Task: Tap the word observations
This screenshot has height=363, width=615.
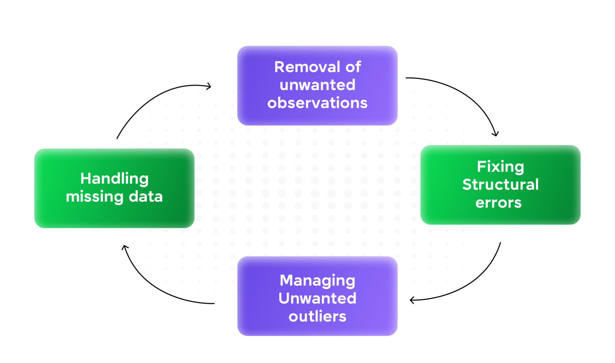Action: point(317,103)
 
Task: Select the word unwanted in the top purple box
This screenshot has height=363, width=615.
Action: point(317,85)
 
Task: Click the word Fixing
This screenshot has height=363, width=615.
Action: point(500,167)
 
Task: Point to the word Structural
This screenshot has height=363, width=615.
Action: point(500,184)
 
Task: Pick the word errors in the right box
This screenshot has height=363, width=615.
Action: point(498,203)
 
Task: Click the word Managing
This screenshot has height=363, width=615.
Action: point(317,281)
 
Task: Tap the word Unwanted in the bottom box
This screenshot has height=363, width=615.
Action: point(317,298)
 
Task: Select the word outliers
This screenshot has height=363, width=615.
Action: point(317,316)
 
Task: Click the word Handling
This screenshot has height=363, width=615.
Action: point(114,179)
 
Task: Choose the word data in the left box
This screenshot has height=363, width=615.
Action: point(146,197)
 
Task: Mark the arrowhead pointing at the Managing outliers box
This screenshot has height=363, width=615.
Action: point(412,300)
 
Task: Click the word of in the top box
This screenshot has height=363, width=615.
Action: point(353,67)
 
